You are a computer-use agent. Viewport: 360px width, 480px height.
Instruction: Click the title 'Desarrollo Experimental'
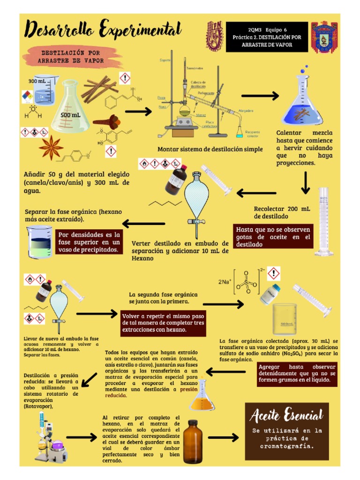(103, 30)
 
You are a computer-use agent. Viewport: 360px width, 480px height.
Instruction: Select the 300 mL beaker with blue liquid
(42, 90)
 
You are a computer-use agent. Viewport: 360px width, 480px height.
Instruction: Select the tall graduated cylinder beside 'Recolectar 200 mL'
(324, 221)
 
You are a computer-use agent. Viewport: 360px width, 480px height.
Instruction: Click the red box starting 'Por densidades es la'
(89, 242)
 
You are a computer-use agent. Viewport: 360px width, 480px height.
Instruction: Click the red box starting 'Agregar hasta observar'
(298, 374)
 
